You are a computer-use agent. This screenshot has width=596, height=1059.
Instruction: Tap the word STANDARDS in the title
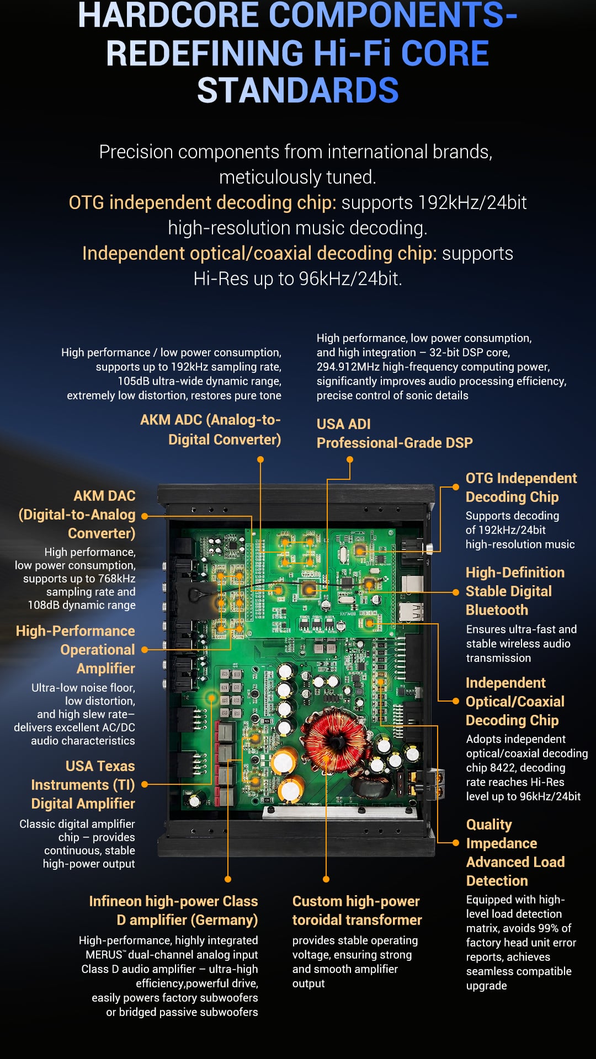(298, 90)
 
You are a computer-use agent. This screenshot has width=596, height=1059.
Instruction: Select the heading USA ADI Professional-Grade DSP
(395, 434)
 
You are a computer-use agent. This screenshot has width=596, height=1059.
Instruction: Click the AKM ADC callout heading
(210, 430)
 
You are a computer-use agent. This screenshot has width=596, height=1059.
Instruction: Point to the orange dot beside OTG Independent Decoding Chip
(456, 487)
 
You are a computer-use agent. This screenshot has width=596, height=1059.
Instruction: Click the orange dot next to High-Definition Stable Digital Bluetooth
(456, 592)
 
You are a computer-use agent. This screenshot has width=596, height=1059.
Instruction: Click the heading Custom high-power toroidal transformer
(357, 911)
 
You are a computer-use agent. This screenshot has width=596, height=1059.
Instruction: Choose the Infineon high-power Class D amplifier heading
(173, 911)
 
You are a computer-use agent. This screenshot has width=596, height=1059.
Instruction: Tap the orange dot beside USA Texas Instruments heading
(145, 784)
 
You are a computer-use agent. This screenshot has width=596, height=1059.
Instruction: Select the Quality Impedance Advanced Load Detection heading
(515, 853)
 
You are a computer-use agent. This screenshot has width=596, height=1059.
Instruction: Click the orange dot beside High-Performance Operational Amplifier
(145, 650)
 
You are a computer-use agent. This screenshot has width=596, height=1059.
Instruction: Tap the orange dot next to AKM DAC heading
(145, 516)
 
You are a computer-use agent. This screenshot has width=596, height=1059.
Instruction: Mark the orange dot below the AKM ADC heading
(260, 459)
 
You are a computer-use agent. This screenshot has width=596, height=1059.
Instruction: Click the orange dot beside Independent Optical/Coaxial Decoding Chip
(456, 702)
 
